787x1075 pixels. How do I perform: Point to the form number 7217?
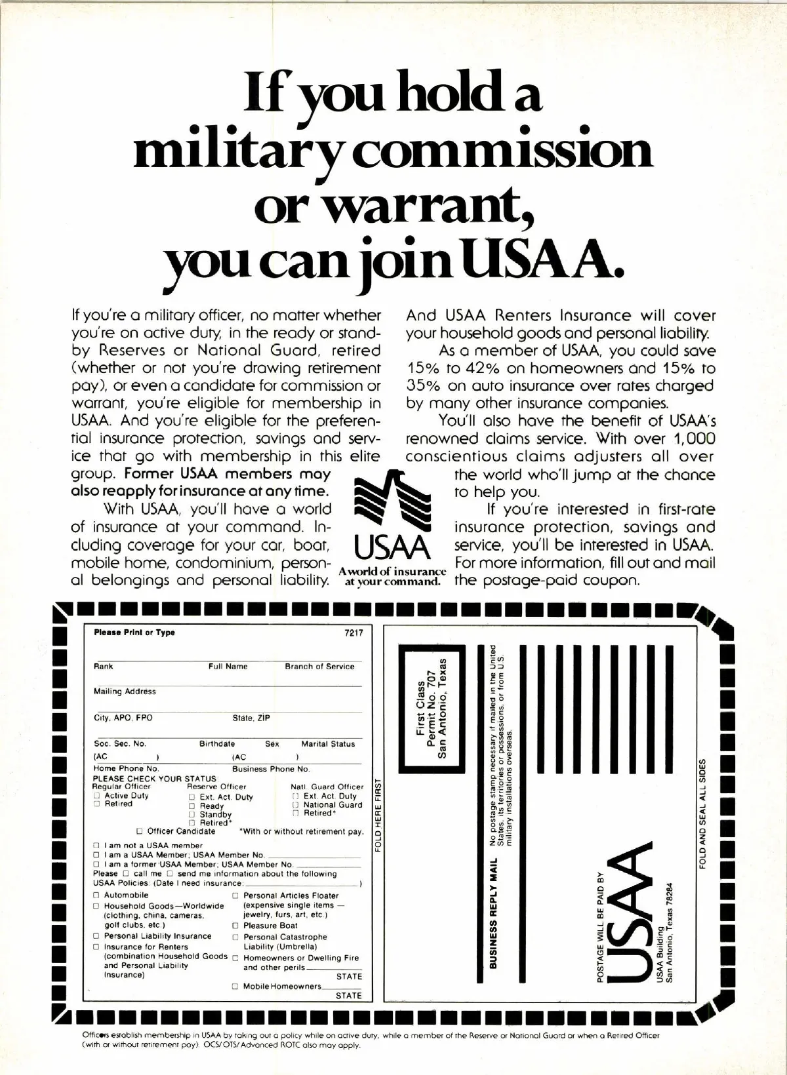pos(353,633)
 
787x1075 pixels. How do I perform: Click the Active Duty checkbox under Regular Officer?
pos(96,796)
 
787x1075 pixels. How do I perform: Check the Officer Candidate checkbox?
pos(140,831)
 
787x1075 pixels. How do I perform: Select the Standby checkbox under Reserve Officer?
pos(192,814)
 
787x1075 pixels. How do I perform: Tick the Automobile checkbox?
pos(96,895)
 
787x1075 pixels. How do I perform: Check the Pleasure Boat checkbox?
pos(235,926)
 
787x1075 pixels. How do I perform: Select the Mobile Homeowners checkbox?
pos(235,987)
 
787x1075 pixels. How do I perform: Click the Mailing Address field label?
pos(125,692)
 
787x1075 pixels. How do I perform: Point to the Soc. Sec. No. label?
pos(120,744)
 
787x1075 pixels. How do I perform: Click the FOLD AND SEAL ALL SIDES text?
pos(703,813)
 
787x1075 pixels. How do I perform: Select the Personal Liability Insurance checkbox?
pos(96,936)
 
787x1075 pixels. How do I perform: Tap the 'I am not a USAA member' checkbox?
pos(96,846)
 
